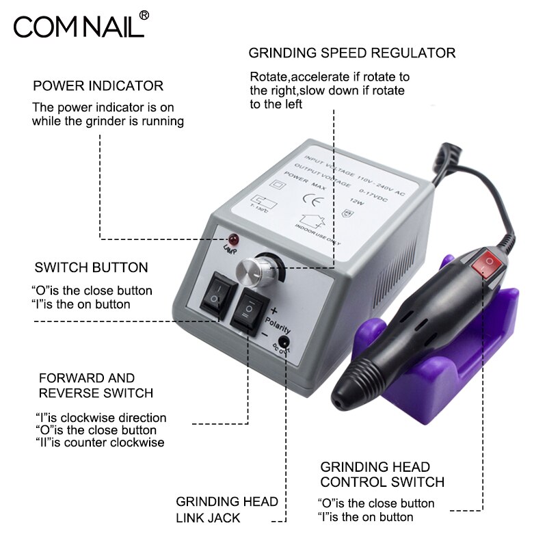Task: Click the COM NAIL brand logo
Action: [x=79, y=27]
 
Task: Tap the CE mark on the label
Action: [x=308, y=202]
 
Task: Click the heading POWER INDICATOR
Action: [x=98, y=86]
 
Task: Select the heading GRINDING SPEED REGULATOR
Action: [x=351, y=53]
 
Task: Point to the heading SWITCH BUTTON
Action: [x=91, y=267]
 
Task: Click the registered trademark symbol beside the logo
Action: [x=144, y=14]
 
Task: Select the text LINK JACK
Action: [x=208, y=518]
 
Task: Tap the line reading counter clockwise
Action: [x=99, y=442]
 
